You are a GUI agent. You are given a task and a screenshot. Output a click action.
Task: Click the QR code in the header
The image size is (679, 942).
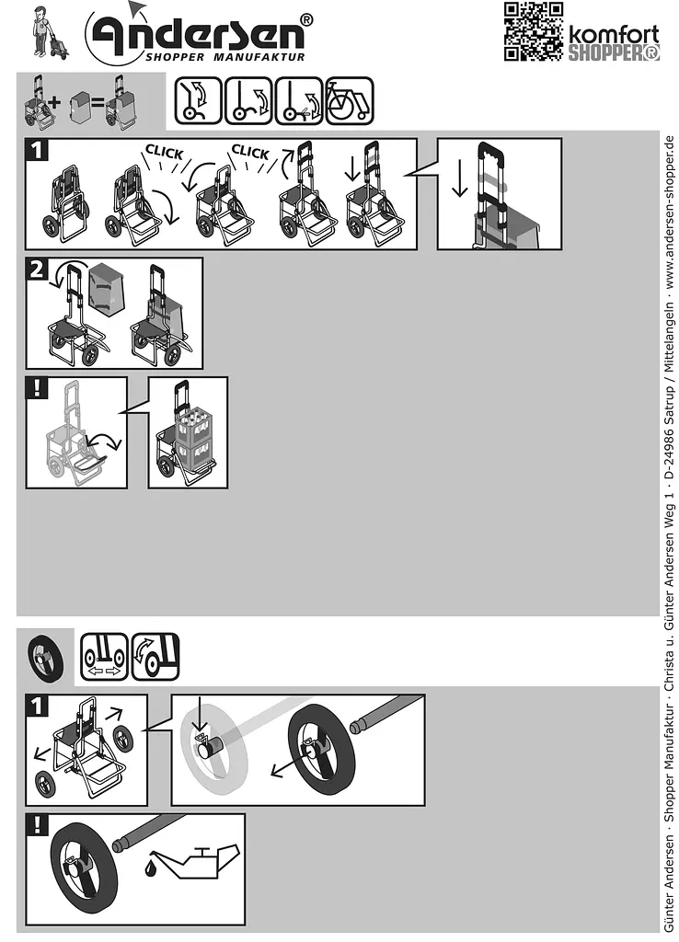click(533, 31)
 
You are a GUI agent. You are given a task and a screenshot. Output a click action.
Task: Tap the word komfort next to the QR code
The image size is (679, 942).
click(614, 34)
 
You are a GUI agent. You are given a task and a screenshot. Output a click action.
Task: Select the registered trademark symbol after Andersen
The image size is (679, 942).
click(305, 20)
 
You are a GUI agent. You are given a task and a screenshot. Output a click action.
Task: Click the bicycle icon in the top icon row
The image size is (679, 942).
click(349, 100)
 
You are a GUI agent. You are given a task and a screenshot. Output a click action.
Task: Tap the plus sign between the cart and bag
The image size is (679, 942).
click(54, 101)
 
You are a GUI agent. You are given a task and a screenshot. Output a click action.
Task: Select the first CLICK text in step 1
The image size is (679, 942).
click(164, 152)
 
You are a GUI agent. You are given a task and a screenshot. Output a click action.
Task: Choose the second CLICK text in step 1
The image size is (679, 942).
click(250, 152)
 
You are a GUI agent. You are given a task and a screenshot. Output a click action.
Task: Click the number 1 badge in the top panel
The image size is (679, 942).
click(37, 150)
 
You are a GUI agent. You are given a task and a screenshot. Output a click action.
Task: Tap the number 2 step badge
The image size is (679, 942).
click(37, 270)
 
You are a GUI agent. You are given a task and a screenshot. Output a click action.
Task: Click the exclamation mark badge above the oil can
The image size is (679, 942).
click(37, 825)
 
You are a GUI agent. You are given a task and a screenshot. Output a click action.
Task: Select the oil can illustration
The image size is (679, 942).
click(195, 862)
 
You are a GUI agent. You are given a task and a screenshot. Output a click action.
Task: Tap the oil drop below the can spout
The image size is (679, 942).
click(150, 867)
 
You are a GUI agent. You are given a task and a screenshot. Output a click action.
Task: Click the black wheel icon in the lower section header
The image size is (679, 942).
click(46, 658)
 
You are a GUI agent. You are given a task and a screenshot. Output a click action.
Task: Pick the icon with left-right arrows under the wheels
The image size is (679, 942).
click(104, 656)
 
